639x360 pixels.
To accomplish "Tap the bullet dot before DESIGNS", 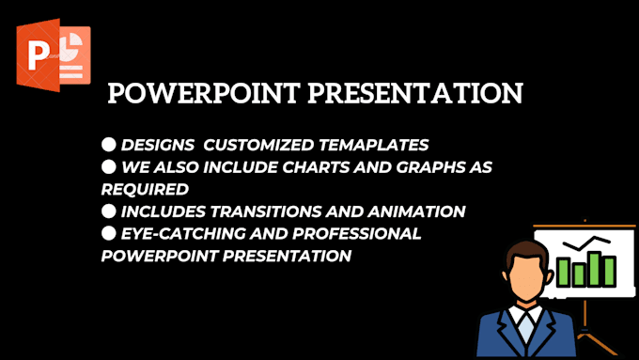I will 108,144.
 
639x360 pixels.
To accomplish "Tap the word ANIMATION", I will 418,211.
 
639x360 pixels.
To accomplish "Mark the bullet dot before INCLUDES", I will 108,211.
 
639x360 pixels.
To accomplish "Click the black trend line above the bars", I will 587,245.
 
